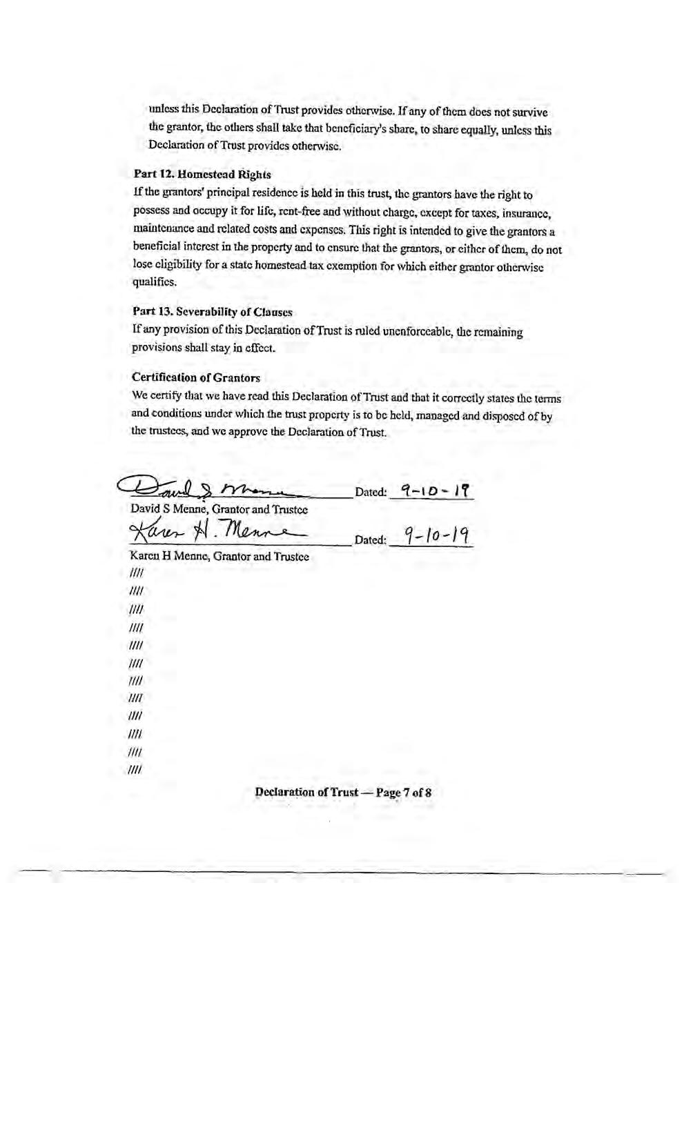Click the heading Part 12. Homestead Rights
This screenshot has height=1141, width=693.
(202, 175)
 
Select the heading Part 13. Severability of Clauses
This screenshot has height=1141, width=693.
(212, 312)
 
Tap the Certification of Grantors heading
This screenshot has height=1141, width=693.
(196, 377)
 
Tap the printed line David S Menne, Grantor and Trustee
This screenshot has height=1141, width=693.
(219, 510)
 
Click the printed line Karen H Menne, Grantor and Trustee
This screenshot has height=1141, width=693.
(219, 556)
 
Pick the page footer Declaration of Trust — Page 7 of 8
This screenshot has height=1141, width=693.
(343, 792)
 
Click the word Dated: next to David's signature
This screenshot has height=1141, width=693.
(370, 493)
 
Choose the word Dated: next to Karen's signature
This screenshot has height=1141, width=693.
(370, 539)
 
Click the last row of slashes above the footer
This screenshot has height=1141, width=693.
(135, 770)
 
